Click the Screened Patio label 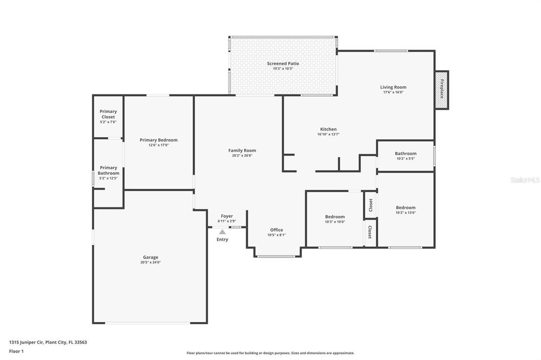coord(283,63)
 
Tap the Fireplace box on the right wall coord(442,90)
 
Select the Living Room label coord(393,87)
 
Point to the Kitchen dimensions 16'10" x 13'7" coord(328,134)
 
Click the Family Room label coord(242,150)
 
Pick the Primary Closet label coord(108,114)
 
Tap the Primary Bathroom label coord(108,170)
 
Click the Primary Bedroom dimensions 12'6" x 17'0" coord(158,145)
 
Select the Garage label coord(150,257)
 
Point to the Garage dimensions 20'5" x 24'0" coord(150,262)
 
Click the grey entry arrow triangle coord(222,232)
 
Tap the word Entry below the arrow coord(222,240)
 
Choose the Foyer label coord(227,216)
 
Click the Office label coord(276,230)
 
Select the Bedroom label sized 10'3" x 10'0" coord(335,216)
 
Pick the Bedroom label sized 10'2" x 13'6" coord(406,207)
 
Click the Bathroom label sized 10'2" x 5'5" coord(406,154)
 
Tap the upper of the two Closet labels coord(370,204)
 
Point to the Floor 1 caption coord(16,351)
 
